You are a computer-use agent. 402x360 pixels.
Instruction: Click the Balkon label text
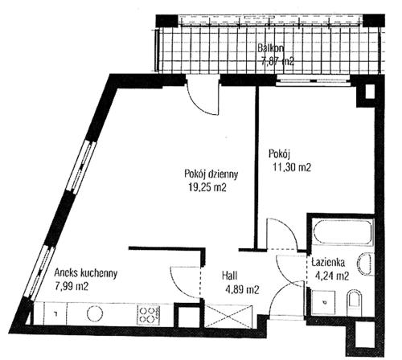tap(271, 48)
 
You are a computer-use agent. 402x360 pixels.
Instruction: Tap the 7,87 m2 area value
tap(277, 62)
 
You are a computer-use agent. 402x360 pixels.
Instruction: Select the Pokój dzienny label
tap(211, 174)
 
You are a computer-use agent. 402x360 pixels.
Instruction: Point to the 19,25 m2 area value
tap(207, 187)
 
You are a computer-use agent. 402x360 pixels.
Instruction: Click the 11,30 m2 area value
tap(292, 167)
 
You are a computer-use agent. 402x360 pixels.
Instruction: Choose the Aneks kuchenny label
tap(86, 273)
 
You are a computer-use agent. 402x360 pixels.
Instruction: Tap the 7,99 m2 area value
tap(72, 287)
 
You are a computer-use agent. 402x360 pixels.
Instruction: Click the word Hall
tap(230, 276)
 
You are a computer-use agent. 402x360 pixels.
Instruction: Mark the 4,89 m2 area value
tap(242, 289)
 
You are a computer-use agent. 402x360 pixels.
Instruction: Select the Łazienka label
tap(328, 263)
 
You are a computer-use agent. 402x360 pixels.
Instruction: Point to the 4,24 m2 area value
tap(332, 276)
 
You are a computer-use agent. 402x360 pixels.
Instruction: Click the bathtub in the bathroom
tap(343, 232)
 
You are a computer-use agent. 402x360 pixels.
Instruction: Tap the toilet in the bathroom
tap(355, 303)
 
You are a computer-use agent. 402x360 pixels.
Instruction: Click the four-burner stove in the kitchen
tap(149, 314)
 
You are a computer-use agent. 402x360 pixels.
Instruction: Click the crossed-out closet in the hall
tap(228, 317)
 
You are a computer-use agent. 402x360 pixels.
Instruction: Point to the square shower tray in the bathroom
tap(323, 302)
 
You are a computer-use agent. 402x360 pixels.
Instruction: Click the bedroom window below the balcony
tap(314, 80)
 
